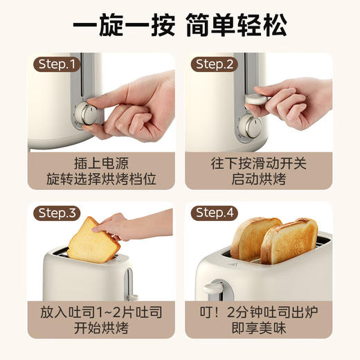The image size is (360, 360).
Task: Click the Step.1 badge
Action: click(57, 64)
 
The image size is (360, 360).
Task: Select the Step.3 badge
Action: click(58, 213)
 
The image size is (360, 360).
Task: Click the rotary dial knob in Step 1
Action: click(87, 114)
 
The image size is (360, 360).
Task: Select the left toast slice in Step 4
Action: click(255, 238)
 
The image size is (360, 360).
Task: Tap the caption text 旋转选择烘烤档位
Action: click(102, 179)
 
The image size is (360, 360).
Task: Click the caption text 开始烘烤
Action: click(102, 327)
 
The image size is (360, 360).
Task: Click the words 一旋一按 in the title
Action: click(118, 26)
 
